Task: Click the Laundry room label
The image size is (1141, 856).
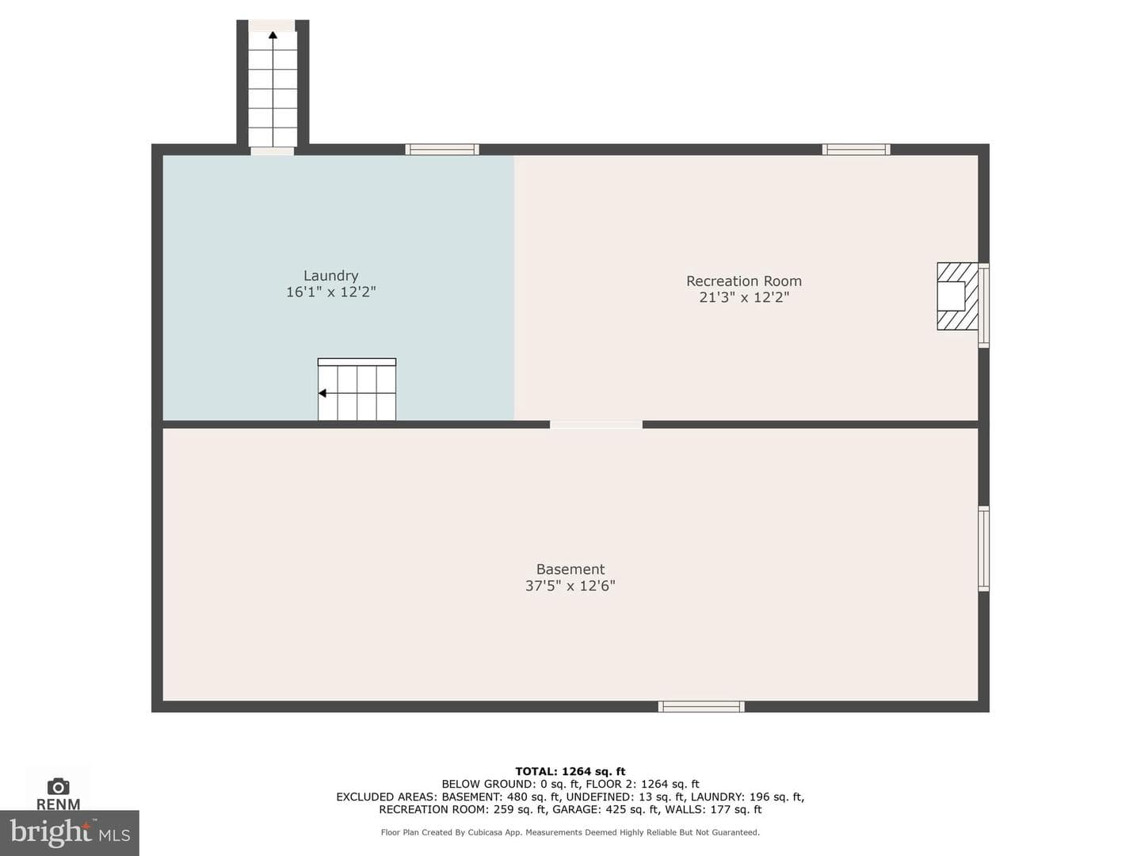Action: (x=330, y=276)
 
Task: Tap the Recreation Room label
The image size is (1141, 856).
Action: (x=743, y=281)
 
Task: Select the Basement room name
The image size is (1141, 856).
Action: (x=570, y=569)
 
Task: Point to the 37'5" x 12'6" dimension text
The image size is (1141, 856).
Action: (x=570, y=586)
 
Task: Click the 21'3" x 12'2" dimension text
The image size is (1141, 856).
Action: (x=744, y=297)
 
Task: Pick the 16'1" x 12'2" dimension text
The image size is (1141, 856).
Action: (x=330, y=292)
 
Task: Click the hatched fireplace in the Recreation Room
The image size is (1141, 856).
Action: (x=957, y=296)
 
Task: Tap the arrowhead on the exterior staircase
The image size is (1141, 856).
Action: (x=273, y=35)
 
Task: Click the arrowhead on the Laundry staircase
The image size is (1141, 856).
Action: (x=322, y=393)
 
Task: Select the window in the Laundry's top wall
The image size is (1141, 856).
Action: (x=442, y=150)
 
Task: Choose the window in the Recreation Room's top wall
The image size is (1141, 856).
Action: (x=856, y=150)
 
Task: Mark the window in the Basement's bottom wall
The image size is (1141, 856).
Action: (x=700, y=706)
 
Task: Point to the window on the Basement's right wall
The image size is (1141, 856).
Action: (x=983, y=548)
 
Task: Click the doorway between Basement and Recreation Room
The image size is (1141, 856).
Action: (x=596, y=425)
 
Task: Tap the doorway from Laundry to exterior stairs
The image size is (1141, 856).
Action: (x=273, y=151)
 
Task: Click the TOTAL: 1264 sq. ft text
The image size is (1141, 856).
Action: (x=570, y=771)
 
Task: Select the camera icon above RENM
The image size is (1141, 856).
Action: (x=58, y=786)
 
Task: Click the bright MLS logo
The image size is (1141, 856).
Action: (x=70, y=832)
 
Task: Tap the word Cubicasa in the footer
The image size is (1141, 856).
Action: (x=486, y=832)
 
